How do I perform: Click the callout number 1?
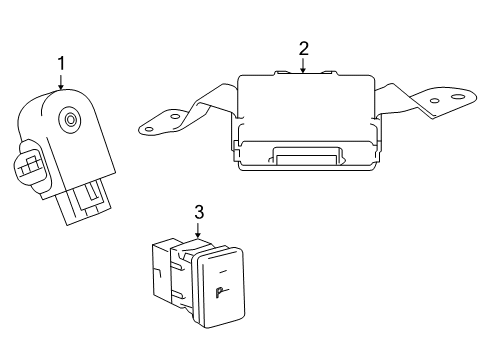click(x=61, y=65)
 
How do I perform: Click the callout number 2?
click(x=303, y=47)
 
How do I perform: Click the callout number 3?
click(x=198, y=212)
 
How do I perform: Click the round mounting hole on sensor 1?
click(x=72, y=121)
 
